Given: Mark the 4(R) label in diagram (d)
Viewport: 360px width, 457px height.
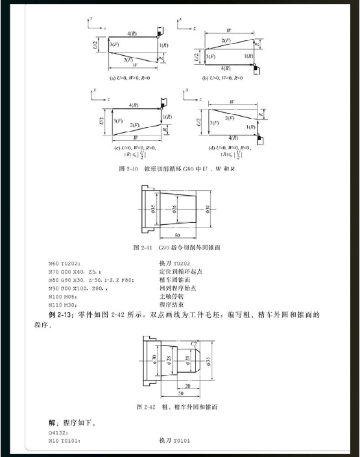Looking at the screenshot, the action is (234, 137).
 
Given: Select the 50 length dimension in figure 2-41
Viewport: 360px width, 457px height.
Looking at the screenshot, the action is (177, 235).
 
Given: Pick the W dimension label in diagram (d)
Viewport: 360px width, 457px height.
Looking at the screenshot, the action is (232, 102).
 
